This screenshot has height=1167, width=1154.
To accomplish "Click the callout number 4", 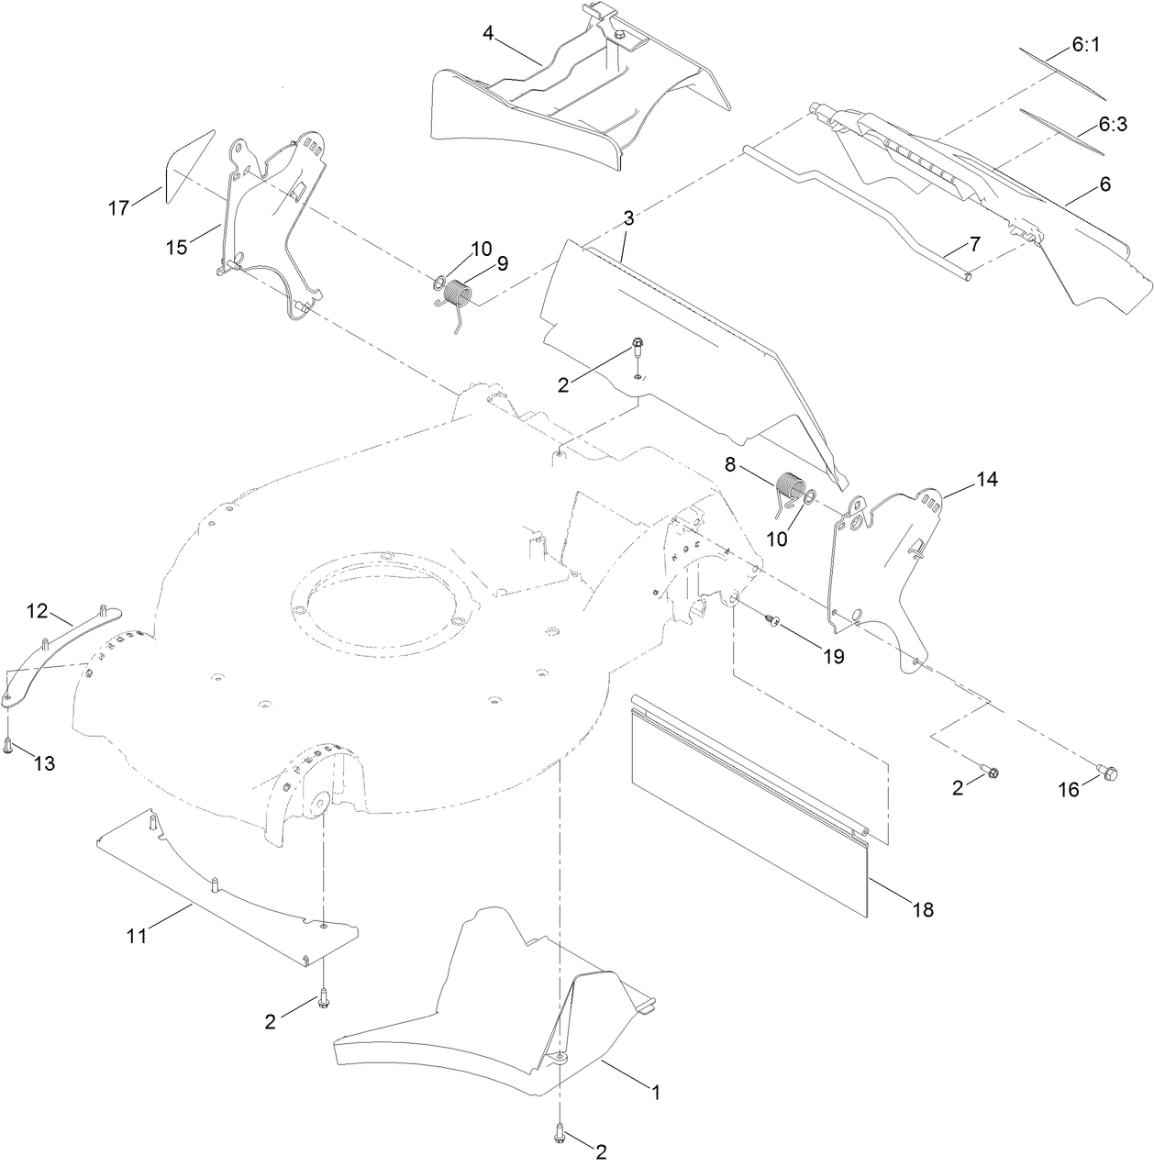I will click(x=488, y=33).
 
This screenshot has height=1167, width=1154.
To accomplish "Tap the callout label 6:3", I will click(x=1113, y=124).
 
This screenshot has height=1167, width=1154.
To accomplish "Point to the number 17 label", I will click(x=118, y=208).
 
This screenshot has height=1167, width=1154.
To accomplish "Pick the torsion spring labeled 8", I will click(x=790, y=487).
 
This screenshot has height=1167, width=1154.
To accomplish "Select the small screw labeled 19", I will click(x=773, y=623).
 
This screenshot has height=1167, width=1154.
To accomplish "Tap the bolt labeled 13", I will click(x=8, y=746).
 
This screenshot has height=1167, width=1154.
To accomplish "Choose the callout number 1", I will click(x=655, y=1093).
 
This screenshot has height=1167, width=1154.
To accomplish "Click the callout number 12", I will click(x=36, y=610).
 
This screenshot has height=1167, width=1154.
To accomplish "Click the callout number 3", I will click(x=628, y=218).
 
